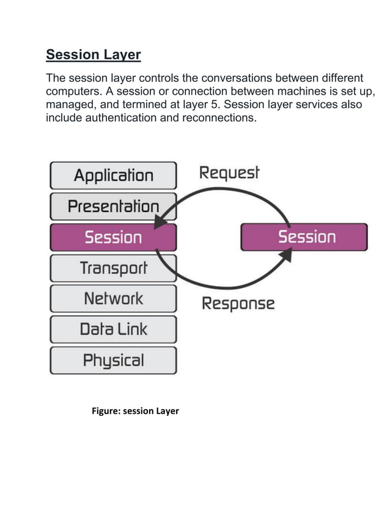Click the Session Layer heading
click(94, 55)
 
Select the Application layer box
click(113, 175)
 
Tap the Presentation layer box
click(113, 206)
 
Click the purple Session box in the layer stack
click(113, 237)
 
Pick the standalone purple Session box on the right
click(304, 237)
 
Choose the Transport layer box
click(113, 268)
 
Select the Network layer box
click(113, 299)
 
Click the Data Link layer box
click(113, 330)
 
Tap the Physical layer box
click(113, 361)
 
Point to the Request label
click(229, 173)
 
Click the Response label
click(238, 303)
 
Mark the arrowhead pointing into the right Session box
click(285, 255)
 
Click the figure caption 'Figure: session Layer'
click(135, 411)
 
